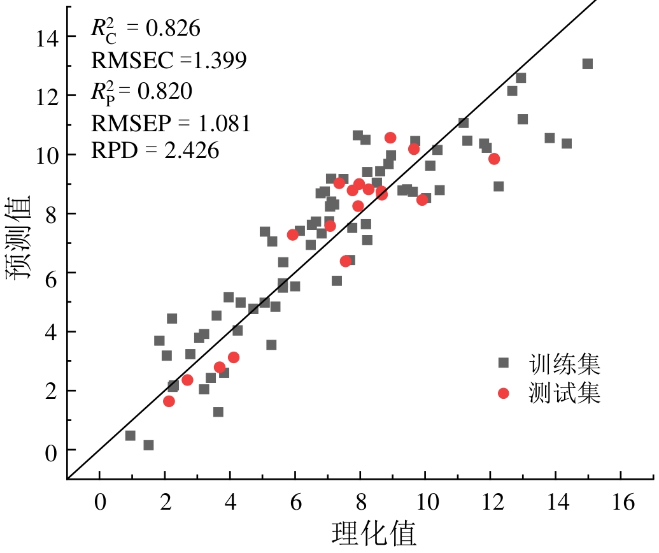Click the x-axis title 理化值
coord(374,535)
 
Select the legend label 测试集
coord(565,393)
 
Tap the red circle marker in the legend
coord(504,393)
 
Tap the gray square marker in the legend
coord(504,363)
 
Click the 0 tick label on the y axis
coord(52,450)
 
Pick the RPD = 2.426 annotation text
coord(155,150)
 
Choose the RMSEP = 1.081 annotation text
coord(171,122)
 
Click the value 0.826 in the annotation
coord(173,29)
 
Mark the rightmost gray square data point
coord(587,64)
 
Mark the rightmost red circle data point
coord(493,159)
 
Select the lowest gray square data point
coord(148,445)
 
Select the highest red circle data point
coord(390,138)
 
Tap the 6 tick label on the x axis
coord(295,503)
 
